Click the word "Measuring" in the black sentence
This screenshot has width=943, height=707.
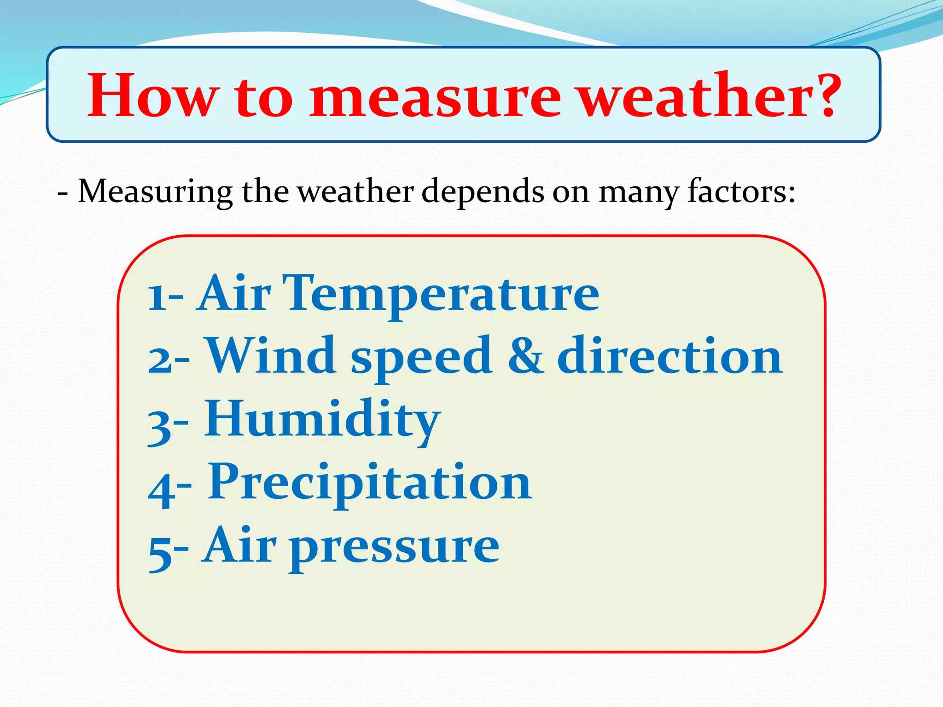coord(155,191)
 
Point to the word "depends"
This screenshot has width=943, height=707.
coord(483,191)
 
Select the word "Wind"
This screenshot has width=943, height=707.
coord(271,355)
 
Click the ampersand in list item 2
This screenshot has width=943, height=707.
coord(526,355)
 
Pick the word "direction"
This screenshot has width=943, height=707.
coord(669,355)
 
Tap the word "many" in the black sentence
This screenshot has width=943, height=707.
coord(638,192)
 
